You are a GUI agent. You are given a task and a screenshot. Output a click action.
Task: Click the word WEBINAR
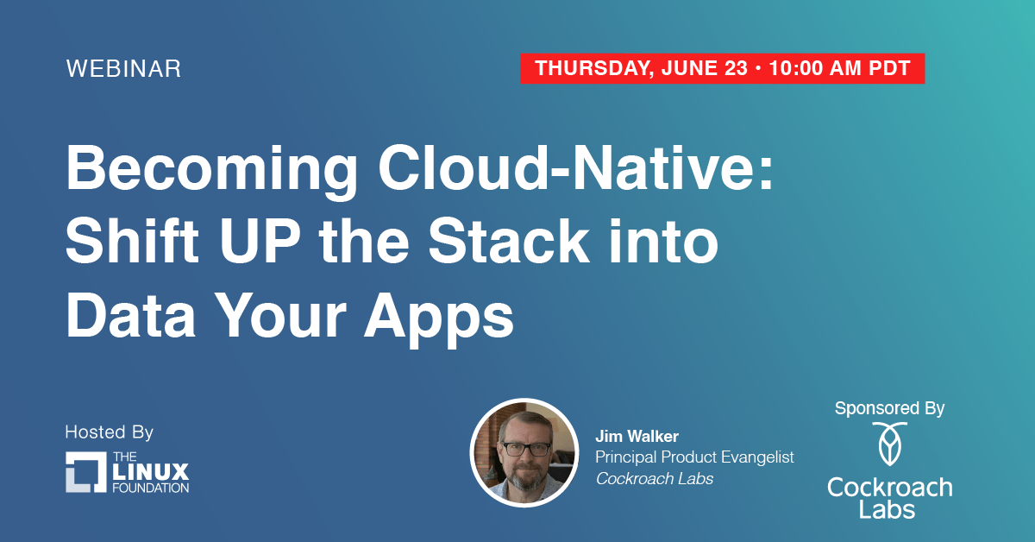(x=123, y=70)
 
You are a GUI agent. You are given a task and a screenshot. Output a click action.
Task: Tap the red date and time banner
(x=722, y=69)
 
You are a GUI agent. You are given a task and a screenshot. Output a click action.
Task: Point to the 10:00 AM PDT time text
(x=839, y=69)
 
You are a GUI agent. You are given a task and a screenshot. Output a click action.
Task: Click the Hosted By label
(x=109, y=432)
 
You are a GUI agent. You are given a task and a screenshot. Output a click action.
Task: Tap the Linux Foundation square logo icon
(x=85, y=471)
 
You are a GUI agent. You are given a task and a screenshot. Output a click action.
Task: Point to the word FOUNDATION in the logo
(x=150, y=488)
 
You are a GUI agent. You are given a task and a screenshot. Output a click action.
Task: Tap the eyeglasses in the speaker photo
(x=524, y=448)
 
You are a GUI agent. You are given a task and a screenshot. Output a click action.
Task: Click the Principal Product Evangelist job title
(x=694, y=457)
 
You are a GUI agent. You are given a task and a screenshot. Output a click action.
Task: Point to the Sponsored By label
(x=889, y=408)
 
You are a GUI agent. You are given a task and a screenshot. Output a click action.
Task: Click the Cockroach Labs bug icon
(x=889, y=445)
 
